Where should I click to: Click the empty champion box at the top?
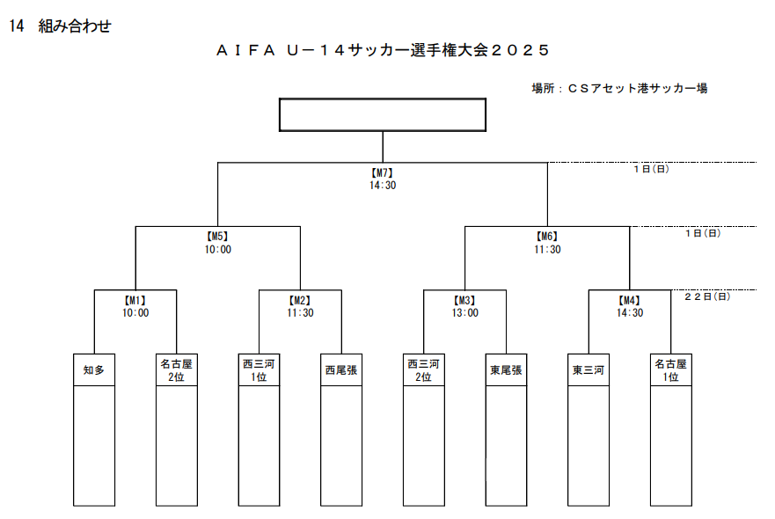382,114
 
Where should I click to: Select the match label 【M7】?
382,173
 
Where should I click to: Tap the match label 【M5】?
217,237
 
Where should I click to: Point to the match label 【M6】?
547,237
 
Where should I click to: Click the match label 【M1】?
135,300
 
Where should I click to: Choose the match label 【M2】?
300,300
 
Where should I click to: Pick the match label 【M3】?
464,300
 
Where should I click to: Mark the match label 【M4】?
629,300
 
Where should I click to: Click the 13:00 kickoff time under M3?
464,312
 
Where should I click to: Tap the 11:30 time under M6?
547,250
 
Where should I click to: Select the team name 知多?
94,370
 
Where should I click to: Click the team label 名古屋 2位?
177,369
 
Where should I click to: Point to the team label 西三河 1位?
259,369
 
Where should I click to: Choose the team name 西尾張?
341,370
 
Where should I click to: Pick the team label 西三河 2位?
423,369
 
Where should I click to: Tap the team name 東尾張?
506,370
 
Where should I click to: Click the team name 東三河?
588,370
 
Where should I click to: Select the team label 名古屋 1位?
670,369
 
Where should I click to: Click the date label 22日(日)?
706,296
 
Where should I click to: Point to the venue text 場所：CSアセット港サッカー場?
619,88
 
